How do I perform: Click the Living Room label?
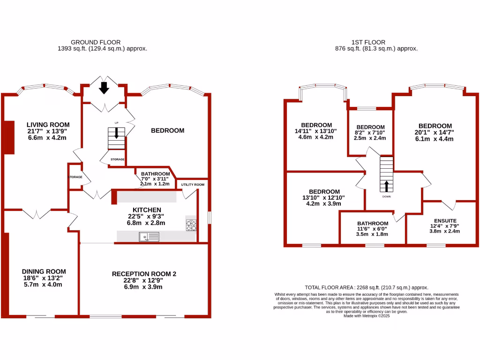[x=46, y=124]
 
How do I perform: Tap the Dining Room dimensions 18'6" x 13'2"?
[x=44, y=278]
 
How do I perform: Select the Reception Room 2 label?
[x=144, y=274]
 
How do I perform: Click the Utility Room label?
[x=193, y=185]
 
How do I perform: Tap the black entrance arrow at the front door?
[x=104, y=88]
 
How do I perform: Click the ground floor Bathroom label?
[x=155, y=174]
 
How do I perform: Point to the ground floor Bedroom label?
[x=167, y=130]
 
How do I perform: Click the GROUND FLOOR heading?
[x=102, y=42]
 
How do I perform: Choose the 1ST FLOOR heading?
[x=376, y=42]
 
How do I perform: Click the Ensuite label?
[x=445, y=220]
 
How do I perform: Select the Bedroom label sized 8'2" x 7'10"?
[x=370, y=127]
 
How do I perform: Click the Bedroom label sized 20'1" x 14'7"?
[x=435, y=126]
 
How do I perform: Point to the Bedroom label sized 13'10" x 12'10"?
[x=324, y=192]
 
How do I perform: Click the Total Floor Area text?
[x=366, y=287]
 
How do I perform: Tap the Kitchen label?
[x=147, y=210]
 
